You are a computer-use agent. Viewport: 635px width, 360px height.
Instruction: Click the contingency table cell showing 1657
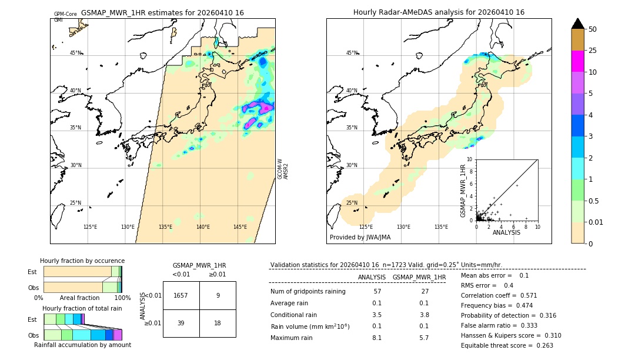coord(181,295)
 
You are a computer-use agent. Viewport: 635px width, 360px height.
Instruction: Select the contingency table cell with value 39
coord(181,323)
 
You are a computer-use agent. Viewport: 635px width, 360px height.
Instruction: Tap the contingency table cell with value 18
coord(218,323)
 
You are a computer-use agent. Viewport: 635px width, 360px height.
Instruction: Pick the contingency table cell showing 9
coord(218,295)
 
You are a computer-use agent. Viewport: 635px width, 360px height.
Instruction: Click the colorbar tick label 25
coord(593,51)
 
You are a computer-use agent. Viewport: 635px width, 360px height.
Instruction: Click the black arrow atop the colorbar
coord(578,24)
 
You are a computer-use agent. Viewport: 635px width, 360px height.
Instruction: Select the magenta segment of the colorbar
coord(578,61)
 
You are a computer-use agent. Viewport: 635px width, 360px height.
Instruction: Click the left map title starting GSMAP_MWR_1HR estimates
coord(162,12)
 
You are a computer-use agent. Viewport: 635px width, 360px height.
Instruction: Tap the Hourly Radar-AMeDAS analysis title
coord(439,12)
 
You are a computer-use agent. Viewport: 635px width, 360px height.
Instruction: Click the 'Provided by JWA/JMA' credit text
coord(360,237)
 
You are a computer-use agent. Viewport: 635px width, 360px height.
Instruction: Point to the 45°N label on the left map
coord(76,53)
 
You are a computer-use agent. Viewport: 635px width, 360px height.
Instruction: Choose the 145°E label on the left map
coord(240,227)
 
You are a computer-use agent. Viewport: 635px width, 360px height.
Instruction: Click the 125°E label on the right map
coord(366,227)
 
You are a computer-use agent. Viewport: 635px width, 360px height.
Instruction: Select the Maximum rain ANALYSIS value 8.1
coord(377,338)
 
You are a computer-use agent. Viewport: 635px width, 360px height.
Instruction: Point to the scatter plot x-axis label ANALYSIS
coord(506,232)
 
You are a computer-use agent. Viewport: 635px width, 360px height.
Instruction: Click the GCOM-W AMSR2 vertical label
coord(283,168)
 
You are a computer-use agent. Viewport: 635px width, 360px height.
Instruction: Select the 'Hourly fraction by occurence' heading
coord(82,261)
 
